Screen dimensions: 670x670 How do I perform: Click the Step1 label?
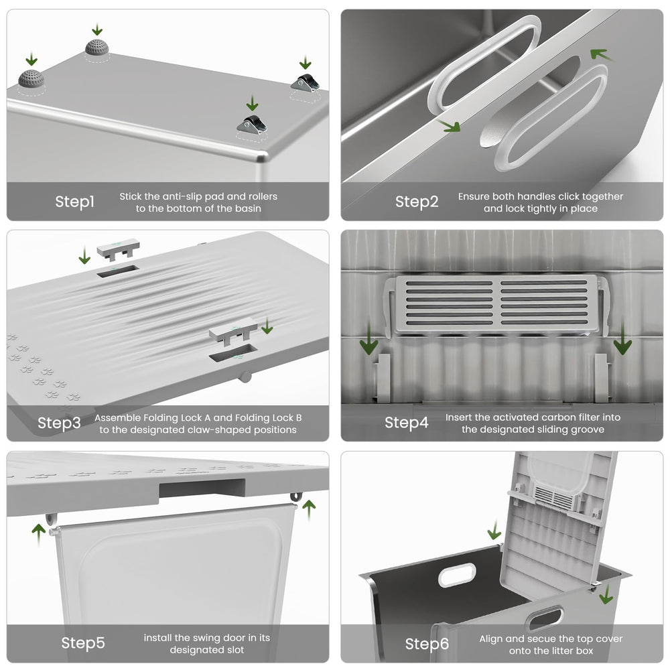(x=74, y=202)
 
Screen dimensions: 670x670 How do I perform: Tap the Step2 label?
(x=416, y=202)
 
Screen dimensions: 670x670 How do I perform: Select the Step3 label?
(x=59, y=423)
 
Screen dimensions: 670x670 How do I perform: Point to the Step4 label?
(x=406, y=423)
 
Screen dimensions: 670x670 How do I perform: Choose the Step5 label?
(x=82, y=643)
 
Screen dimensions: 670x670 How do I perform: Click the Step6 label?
(x=427, y=644)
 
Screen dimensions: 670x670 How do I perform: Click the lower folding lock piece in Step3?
(x=232, y=331)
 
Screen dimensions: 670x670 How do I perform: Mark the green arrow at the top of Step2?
(x=600, y=54)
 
